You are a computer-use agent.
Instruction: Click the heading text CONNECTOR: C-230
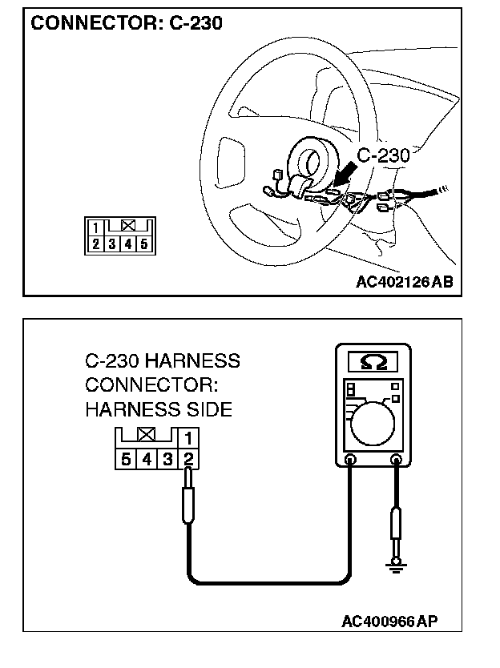tap(126, 23)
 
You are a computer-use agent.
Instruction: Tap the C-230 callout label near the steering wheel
tap(382, 155)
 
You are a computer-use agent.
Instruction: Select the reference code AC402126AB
tap(403, 281)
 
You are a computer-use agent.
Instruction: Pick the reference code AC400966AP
tap(390, 622)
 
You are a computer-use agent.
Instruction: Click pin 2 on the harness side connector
tap(188, 459)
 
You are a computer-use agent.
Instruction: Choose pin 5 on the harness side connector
tap(127, 459)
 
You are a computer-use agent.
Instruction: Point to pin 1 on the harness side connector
tap(188, 439)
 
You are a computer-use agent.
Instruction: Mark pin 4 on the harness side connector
tap(147, 459)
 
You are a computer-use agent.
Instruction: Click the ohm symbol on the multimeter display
tap(373, 363)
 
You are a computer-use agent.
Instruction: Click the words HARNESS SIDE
tap(158, 409)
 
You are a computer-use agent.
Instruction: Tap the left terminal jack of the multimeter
tap(350, 460)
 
